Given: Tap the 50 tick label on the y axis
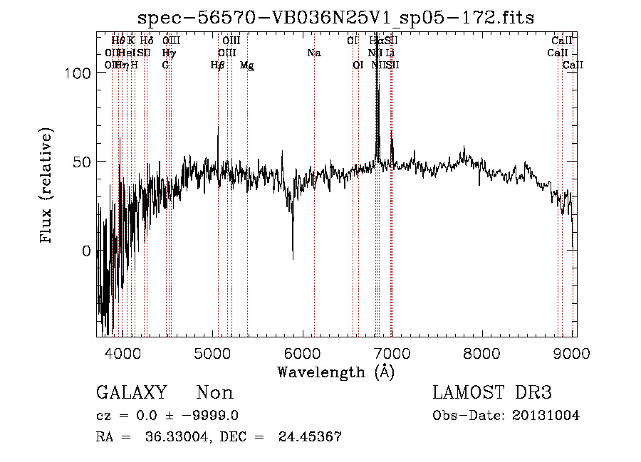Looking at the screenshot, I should point(83,162).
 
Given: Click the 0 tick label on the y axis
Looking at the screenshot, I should point(88,251).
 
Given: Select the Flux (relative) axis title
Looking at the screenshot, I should point(48,187).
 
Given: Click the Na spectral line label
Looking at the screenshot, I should point(313,53).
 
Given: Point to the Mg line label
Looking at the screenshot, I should point(246,65).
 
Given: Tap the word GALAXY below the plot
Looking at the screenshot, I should point(131,393).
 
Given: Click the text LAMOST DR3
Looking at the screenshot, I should point(492,393).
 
